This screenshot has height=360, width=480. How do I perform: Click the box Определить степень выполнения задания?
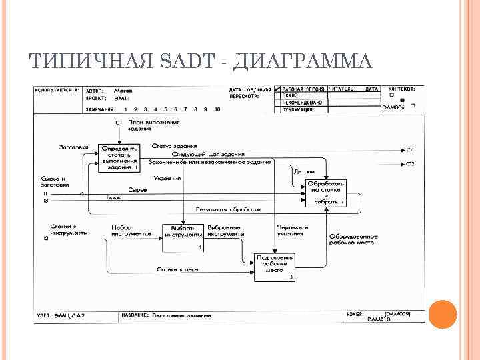(119, 159)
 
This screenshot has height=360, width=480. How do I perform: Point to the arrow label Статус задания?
(174, 146)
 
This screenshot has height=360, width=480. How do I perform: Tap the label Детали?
(304, 171)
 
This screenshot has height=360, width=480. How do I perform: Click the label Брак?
(114, 198)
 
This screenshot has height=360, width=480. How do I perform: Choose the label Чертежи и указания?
(291, 231)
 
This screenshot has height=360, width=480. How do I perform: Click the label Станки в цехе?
(177, 269)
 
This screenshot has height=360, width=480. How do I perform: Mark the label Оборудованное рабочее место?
(353, 240)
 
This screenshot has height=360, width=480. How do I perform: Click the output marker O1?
(410, 149)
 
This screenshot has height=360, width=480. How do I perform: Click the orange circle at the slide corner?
(442, 313)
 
